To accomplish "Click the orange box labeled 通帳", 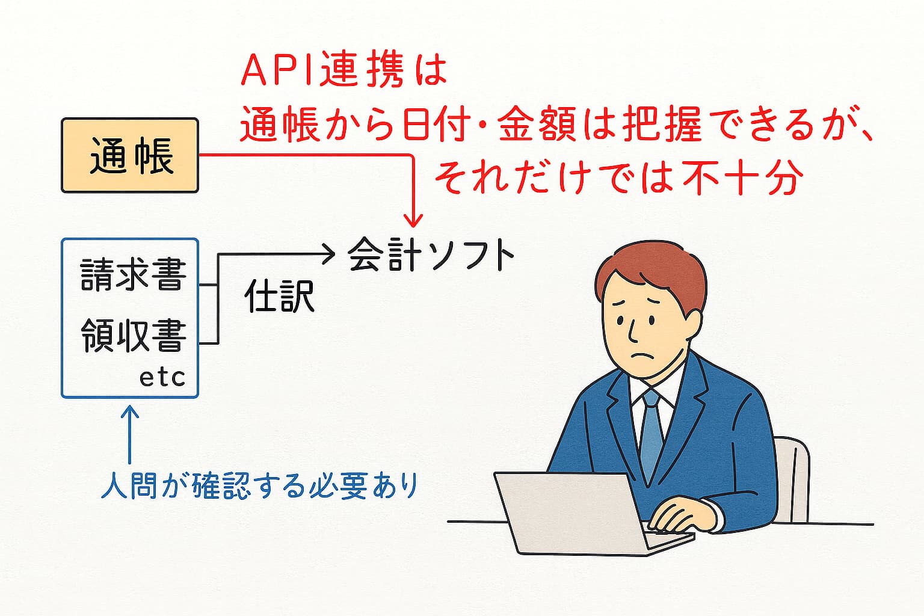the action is point(130,156).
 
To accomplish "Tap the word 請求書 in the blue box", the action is point(133,274).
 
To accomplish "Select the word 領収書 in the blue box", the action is point(133,335).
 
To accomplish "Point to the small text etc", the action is point(162,378).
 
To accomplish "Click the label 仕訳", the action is point(279,296).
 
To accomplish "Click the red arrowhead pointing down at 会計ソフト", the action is point(413,220).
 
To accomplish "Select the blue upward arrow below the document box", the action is point(131,434).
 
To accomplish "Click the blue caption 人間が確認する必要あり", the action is point(260,485).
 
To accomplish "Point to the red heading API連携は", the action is point(343,72).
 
